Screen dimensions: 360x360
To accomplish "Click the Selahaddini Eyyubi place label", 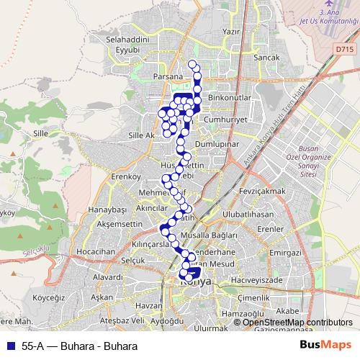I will click(130, 45).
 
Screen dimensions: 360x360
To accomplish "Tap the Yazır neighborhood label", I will click(231, 32).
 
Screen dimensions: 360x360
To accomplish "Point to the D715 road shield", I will click(344, 50).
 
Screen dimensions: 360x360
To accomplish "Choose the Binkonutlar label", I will click(228, 96).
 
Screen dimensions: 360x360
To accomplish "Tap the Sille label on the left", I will click(40, 133).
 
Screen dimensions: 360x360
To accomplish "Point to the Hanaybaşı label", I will click(107, 209).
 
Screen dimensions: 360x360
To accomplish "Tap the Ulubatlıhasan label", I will click(248, 215).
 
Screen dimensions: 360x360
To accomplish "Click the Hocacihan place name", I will click(96, 251).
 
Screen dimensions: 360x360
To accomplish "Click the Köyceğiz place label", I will click(49, 297).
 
